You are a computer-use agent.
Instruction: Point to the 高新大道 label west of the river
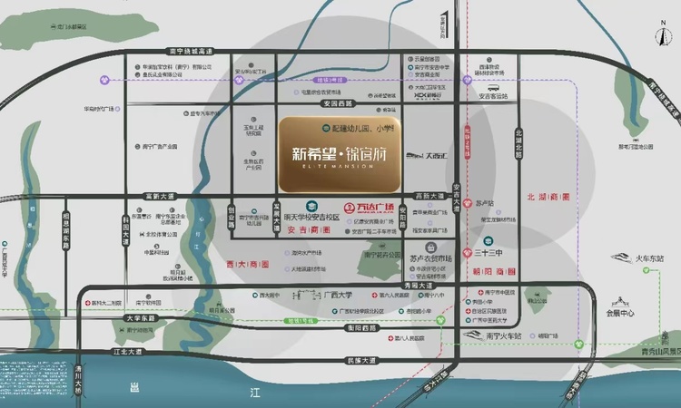click(x=145, y=196)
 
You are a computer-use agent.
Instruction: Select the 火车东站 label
click(x=649, y=259)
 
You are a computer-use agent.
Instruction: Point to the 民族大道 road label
click(x=360, y=360)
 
